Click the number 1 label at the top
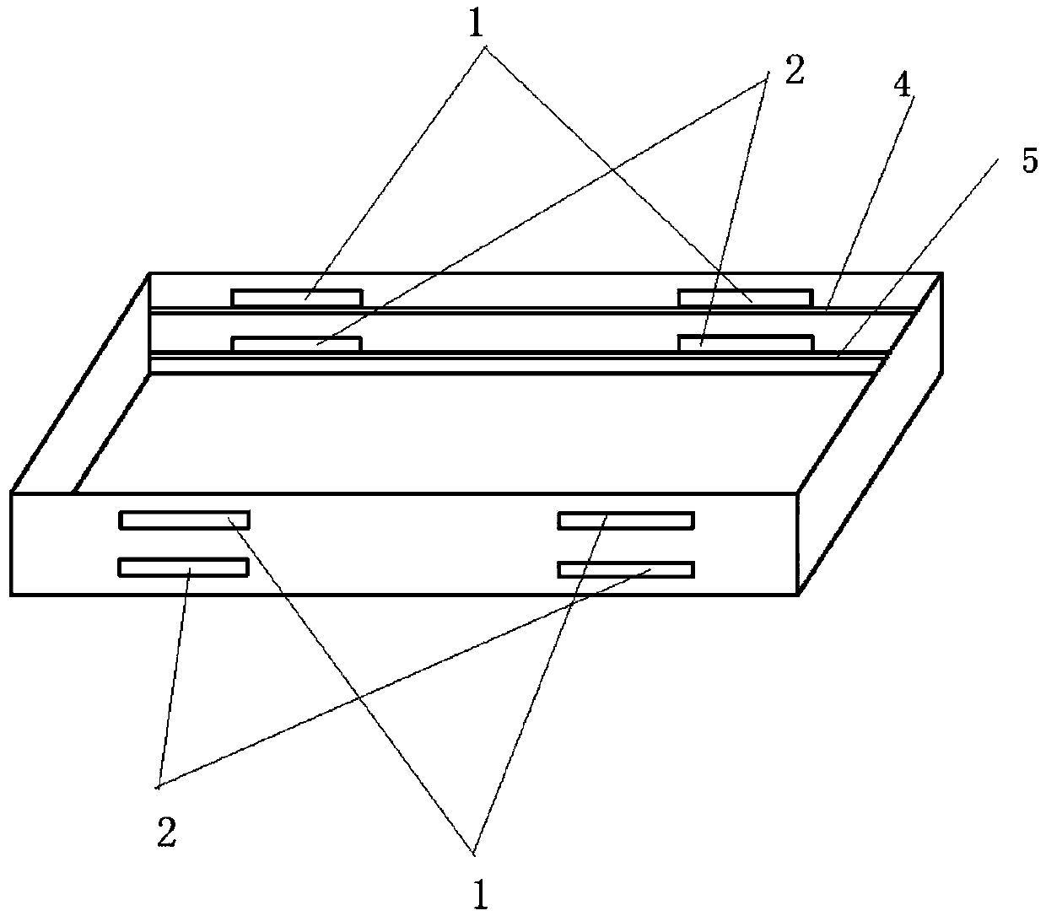[477, 24]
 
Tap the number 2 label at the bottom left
[166, 833]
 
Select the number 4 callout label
[903, 87]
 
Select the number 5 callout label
[1029, 160]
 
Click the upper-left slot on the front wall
[184, 520]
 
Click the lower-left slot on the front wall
[184, 568]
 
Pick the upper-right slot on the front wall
[626, 520]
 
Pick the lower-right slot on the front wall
[626, 569]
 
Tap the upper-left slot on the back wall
[297, 297]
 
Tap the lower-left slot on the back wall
[297, 343]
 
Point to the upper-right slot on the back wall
[745, 298]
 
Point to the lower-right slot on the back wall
[745, 342]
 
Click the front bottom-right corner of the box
[797, 595]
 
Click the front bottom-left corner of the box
[12, 595]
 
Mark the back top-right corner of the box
[941, 273]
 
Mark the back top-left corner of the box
[150, 273]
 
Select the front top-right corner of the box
[797, 493]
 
